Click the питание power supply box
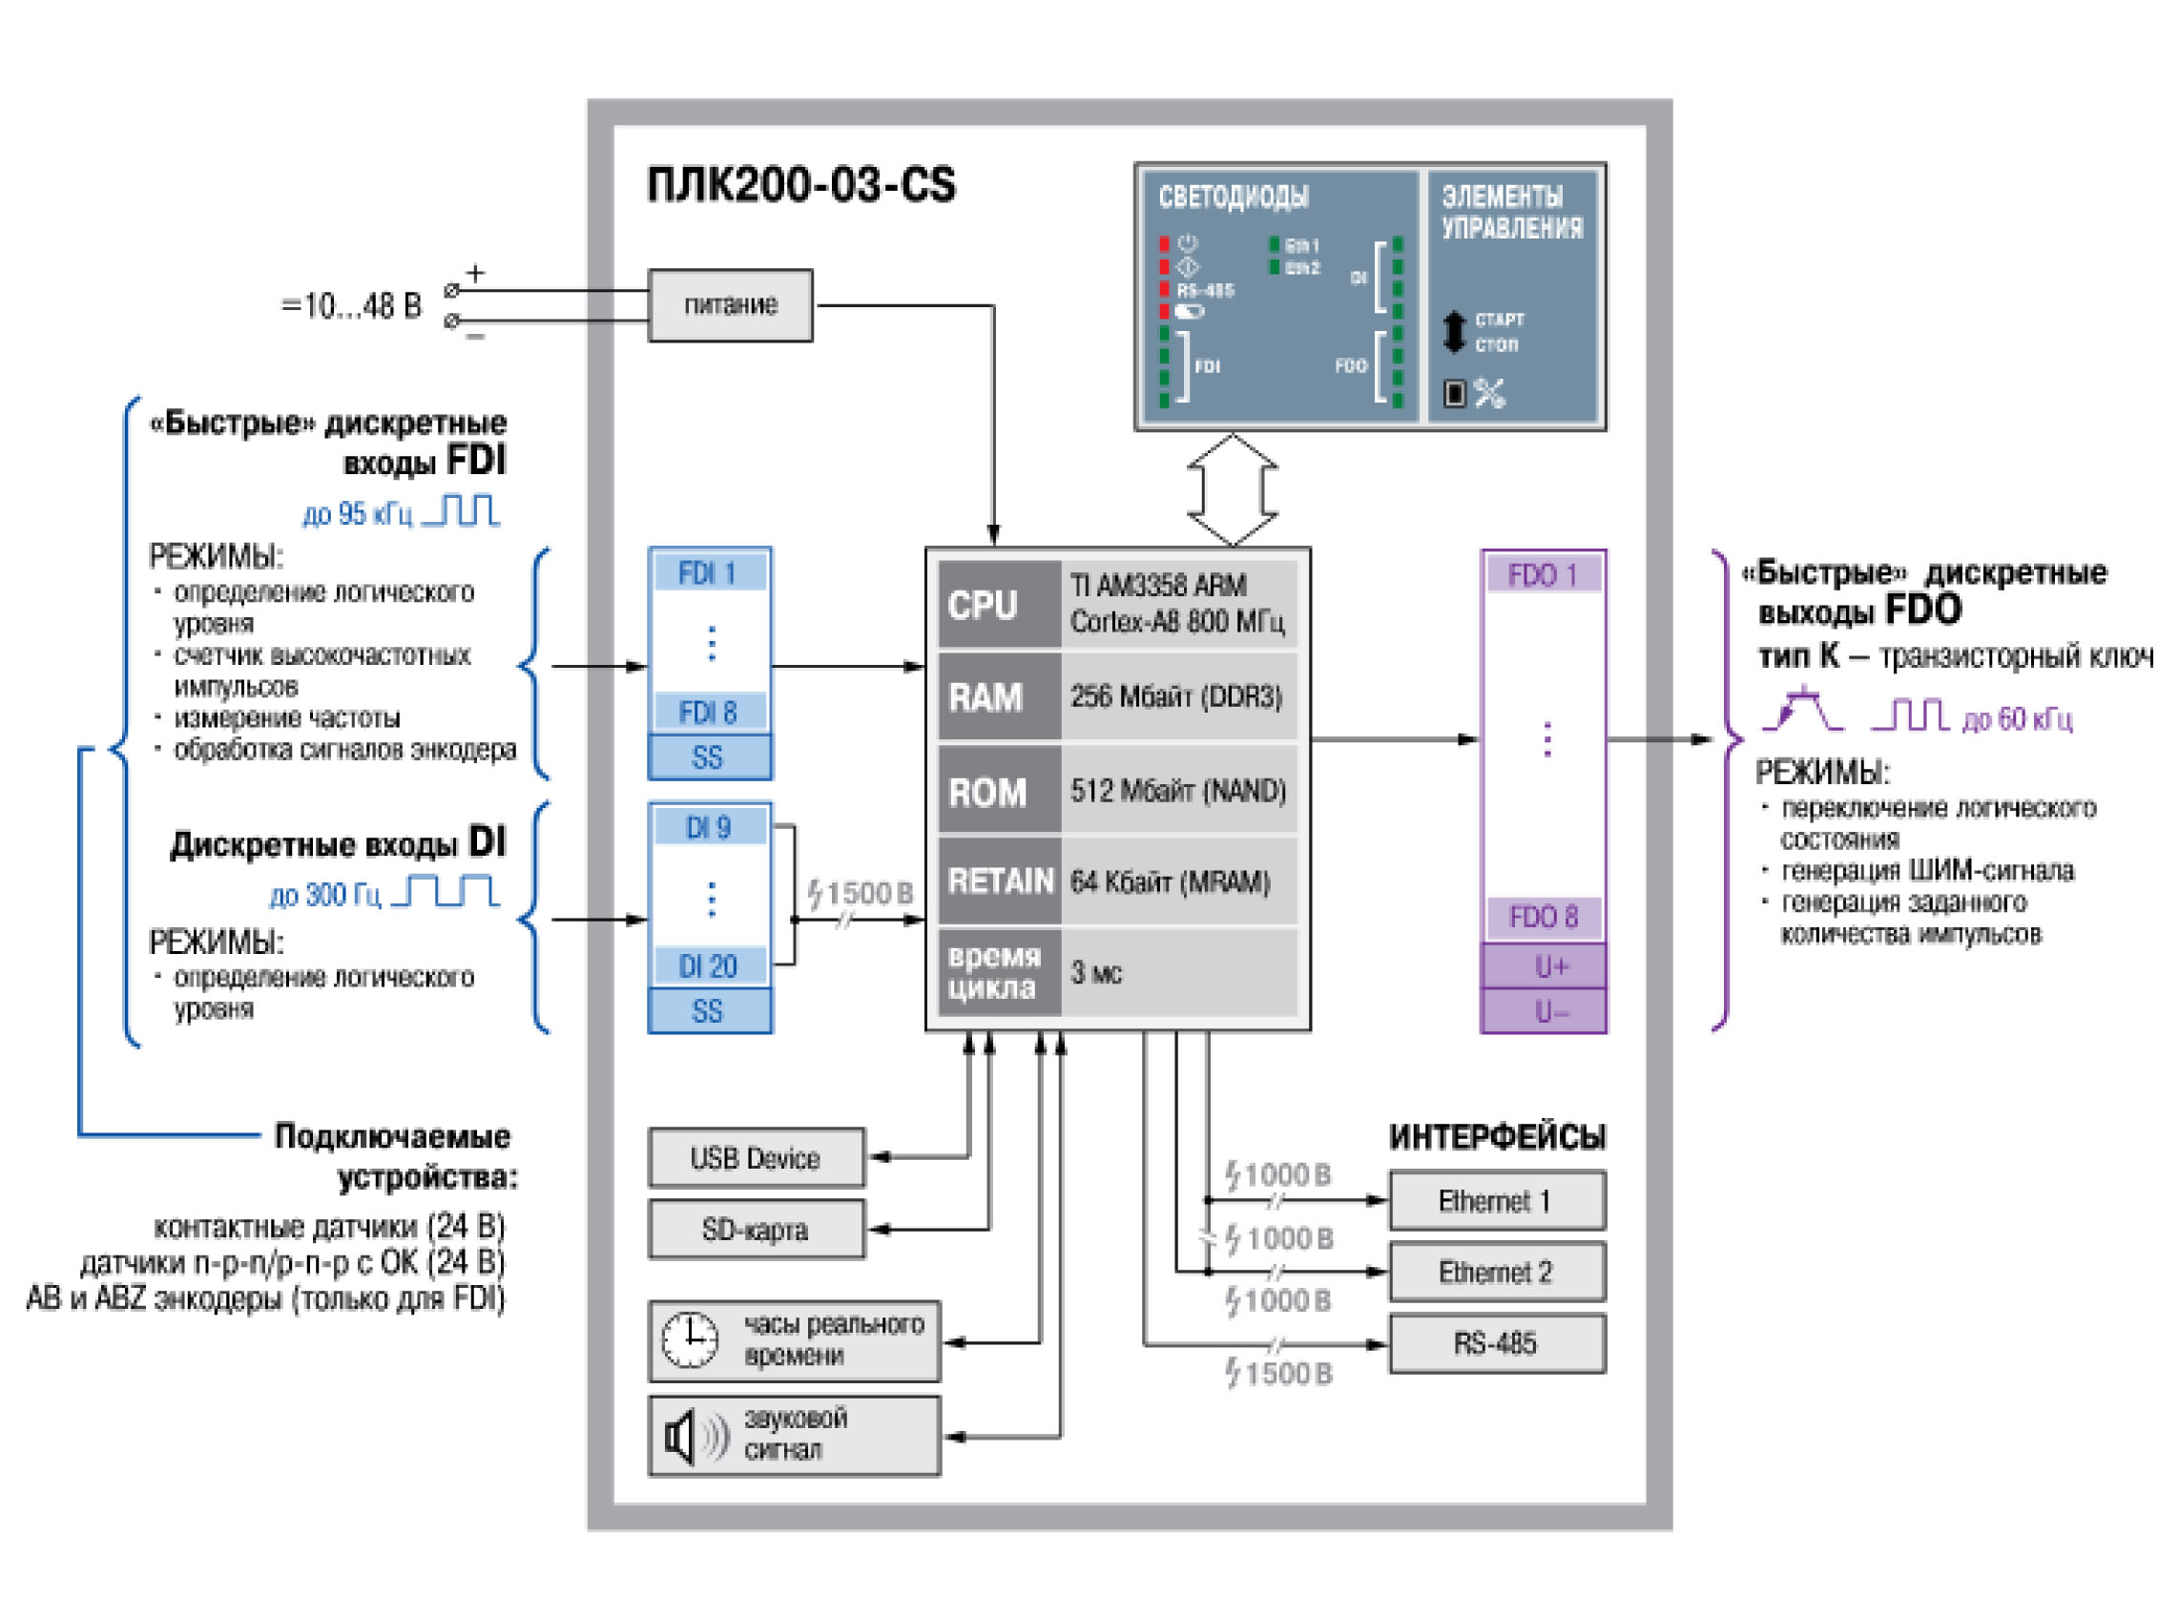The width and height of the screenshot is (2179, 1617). (x=730, y=305)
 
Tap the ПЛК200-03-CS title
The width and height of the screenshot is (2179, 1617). (x=800, y=185)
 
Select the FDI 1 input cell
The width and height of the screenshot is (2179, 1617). (x=709, y=572)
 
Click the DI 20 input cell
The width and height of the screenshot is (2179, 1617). (x=709, y=967)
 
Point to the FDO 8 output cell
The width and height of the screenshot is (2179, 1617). (x=1543, y=917)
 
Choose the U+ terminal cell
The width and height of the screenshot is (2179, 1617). (x=1543, y=967)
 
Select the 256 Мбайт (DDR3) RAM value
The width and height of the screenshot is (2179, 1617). (x=1175, y=697)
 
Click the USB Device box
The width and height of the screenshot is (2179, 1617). (x=756, y=1159)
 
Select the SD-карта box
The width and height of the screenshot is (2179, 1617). (x=756, y=1231)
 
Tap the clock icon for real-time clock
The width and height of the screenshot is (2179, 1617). (x=690, y=1341)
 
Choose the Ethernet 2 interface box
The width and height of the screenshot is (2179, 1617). (x=1496, y=1273)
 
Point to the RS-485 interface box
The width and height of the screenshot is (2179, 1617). (x=1496, y=1344)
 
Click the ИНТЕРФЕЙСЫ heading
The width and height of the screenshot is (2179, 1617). (x=1497, y=1137)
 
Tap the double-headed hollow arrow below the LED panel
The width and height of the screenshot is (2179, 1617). (x=1233, y=489)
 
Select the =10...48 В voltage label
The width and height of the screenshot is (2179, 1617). (x=351, y=306)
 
